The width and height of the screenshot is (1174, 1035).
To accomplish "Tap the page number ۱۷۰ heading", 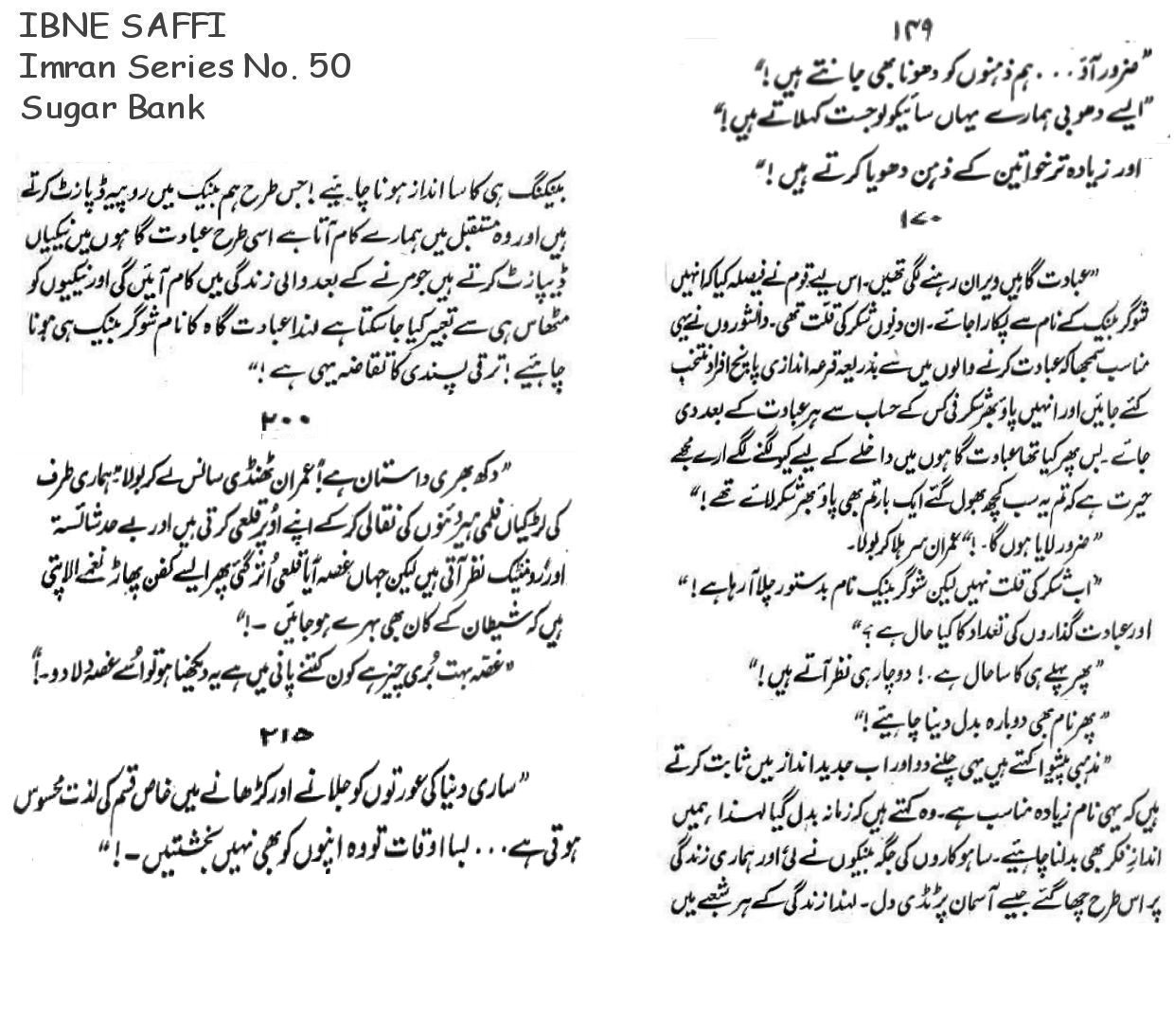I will (917, 221).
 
